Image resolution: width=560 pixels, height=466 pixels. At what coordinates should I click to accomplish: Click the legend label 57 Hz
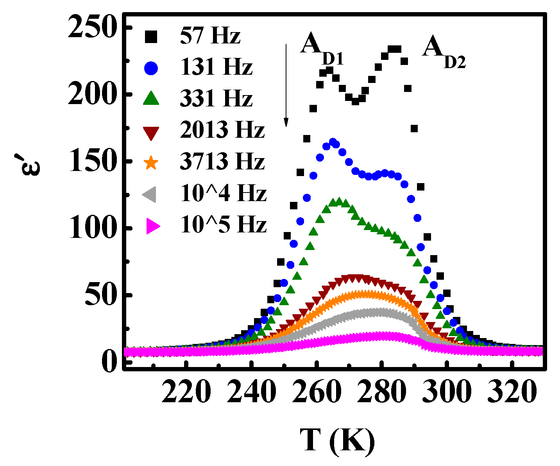click(x=210, y=36)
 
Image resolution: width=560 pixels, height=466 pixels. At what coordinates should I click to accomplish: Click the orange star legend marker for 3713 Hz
click(x=151, y=162)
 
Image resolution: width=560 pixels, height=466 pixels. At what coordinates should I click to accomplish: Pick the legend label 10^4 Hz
click(x=223, y=193)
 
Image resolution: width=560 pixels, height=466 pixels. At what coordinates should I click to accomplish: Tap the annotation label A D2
click(x=444, y=53)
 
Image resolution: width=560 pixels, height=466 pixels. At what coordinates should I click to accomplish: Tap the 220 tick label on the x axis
click(x=187, y=392)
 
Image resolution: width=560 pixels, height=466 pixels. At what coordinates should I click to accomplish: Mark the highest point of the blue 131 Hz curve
click(x=333, y=142)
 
